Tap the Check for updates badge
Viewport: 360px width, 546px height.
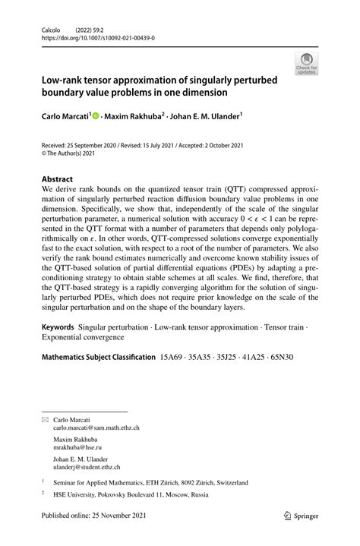click(308, 63)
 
